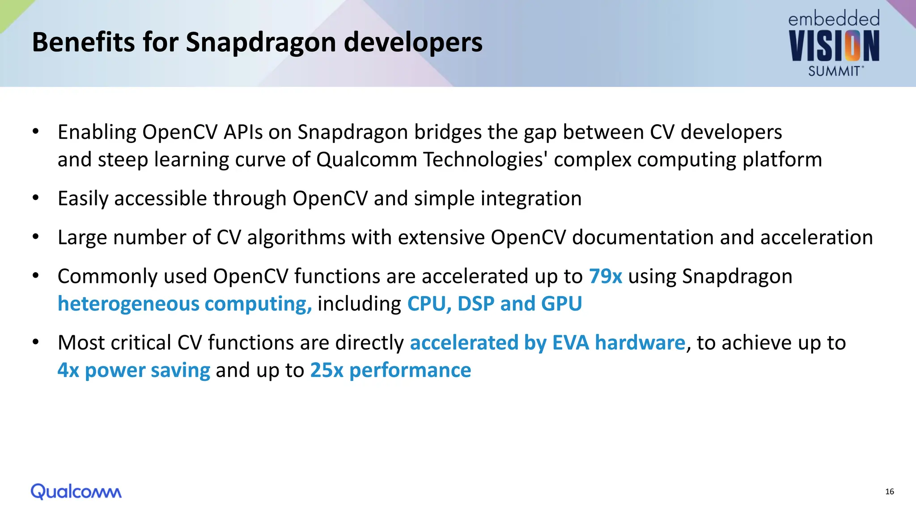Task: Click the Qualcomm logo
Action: [76, 491]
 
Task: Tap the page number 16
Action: [889, 492]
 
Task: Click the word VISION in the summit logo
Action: [834, 46]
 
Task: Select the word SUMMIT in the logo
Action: [834, 72]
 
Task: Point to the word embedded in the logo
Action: [834, 19]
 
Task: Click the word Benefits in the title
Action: [83, 42]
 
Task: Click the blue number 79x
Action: [605, 276]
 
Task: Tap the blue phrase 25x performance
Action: [390, 370]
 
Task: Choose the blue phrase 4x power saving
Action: [134, 370]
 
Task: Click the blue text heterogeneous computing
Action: [185, 304]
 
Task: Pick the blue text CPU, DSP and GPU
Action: [494, 304]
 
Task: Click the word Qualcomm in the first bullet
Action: [366, 160]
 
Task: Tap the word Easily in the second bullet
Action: [83, 198]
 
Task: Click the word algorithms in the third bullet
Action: [296, 237]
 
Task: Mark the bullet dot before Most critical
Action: [36, 342]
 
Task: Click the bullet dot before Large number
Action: [36, 237]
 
